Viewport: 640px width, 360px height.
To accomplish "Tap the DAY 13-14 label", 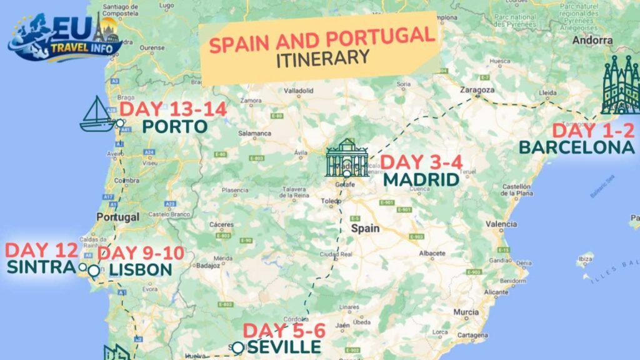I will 173,108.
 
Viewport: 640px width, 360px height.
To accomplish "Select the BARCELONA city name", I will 576,147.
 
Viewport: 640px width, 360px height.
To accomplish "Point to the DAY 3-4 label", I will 421,162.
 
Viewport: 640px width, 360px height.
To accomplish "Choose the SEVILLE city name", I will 284,346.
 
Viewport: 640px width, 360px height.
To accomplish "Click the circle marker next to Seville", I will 237,347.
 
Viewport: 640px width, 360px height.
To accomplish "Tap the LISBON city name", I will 140,269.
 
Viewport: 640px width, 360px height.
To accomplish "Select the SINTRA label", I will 41,267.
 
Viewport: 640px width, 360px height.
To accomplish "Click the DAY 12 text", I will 42,251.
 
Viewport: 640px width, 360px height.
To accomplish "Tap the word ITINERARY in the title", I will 322,58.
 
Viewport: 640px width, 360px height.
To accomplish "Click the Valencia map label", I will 501,224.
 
